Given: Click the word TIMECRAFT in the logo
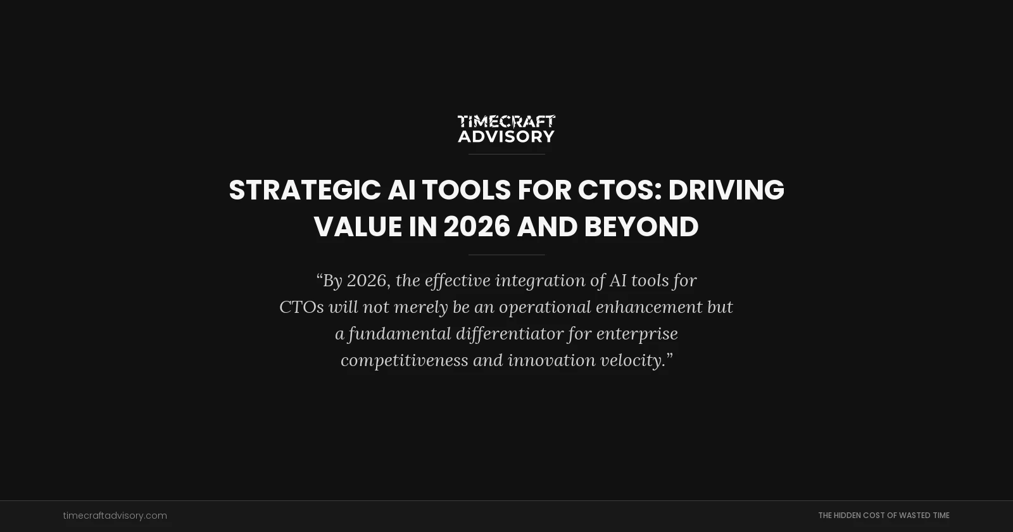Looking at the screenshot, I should pos(506,121).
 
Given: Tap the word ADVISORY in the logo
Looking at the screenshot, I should pos(506,136).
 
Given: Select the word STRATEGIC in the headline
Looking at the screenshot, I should pos(305,190).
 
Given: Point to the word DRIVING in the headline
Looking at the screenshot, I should pos(726,190).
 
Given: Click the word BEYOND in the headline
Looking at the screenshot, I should pos(641,227).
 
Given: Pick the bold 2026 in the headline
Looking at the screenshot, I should pos(477,227).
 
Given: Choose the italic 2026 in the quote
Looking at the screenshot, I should pos(366,281).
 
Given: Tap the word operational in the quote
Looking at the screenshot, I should pos(544,307).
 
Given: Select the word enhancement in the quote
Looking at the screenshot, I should pos(649,307).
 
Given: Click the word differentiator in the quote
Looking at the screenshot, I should pos(509,334).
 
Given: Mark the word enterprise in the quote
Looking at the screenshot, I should pos(637,334).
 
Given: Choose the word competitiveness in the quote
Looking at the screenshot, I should pos(404,360).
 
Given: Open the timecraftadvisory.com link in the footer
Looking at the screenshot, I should pos(115,516).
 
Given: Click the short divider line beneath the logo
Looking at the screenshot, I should pos(506,154).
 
